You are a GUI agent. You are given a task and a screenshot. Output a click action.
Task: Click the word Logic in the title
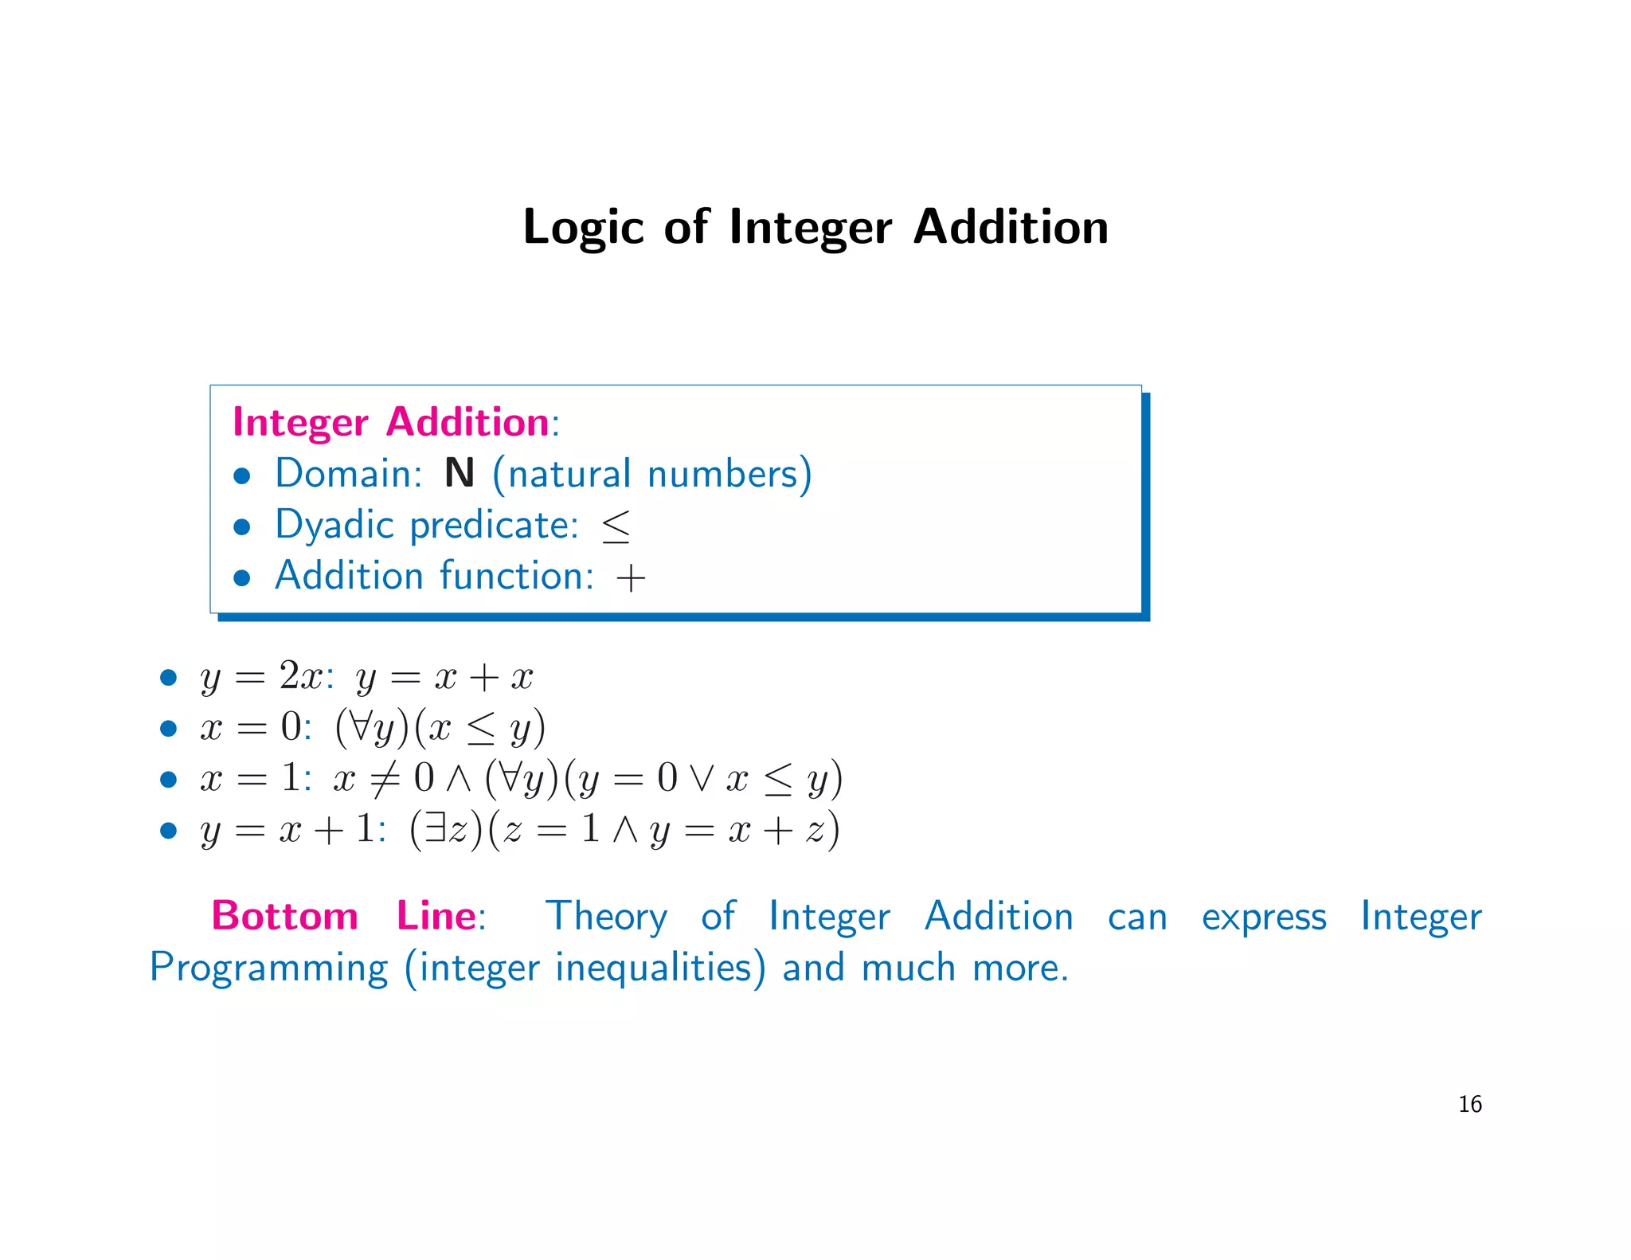click(582, 228)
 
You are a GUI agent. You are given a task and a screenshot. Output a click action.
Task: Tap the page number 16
click(1469, 1104)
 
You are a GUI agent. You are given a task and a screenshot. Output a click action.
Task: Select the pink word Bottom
click(284, 916)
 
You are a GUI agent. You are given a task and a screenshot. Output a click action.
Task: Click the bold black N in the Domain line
click(459, 473)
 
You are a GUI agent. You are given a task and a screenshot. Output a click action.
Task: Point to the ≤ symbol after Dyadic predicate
click(616, 526)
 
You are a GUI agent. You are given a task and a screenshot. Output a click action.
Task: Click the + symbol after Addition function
click(630, 577)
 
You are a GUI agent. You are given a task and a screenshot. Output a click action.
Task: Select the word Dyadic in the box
click(334, 526)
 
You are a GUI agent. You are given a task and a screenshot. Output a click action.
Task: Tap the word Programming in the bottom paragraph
click(268, 968)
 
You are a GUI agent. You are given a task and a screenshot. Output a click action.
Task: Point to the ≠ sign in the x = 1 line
click(384, 778)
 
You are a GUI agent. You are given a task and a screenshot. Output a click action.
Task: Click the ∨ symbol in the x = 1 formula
click(701, 778)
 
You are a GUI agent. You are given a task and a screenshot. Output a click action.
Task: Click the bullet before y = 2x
click(167, 678)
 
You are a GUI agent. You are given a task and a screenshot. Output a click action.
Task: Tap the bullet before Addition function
click(242, 577)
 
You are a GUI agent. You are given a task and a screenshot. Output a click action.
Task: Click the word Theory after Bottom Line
click(606, 916)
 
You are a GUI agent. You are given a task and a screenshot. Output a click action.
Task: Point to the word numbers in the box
click(723, 473)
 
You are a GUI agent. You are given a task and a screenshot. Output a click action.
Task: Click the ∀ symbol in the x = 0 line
click(360, 726)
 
